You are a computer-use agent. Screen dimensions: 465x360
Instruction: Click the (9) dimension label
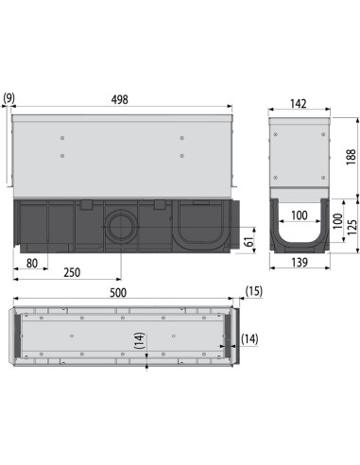9,97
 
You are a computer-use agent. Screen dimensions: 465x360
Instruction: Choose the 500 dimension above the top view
119,295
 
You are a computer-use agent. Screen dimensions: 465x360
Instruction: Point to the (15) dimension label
252,291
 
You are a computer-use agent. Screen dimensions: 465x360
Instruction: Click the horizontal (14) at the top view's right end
249,337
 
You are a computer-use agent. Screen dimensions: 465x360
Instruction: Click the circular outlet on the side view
120,227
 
